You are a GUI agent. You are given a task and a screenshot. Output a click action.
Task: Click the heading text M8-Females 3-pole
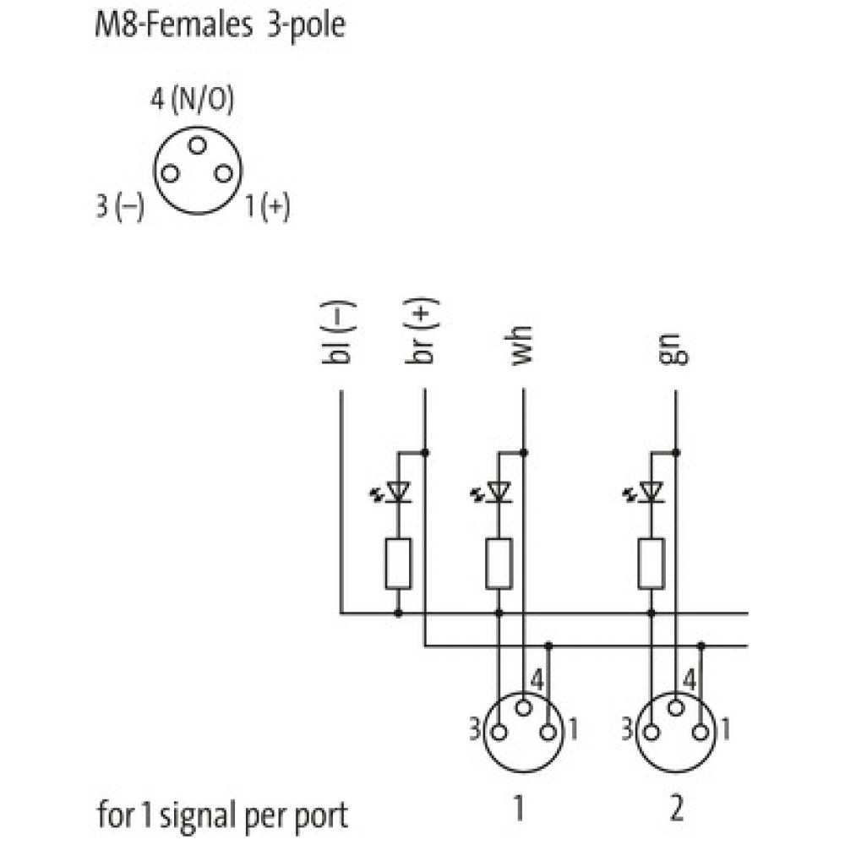point(221,26)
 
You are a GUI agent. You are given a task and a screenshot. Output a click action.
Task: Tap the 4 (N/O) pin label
point(192,101)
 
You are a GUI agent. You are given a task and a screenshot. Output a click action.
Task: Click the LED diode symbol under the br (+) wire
point(398,491)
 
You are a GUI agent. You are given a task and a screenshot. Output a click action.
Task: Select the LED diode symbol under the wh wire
point(499,491)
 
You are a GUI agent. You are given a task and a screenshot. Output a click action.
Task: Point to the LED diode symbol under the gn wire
point(651,491)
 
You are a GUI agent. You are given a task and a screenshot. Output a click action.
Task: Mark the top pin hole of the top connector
point(197,145)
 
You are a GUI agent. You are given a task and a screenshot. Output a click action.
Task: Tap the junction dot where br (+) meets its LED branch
point(425,453)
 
